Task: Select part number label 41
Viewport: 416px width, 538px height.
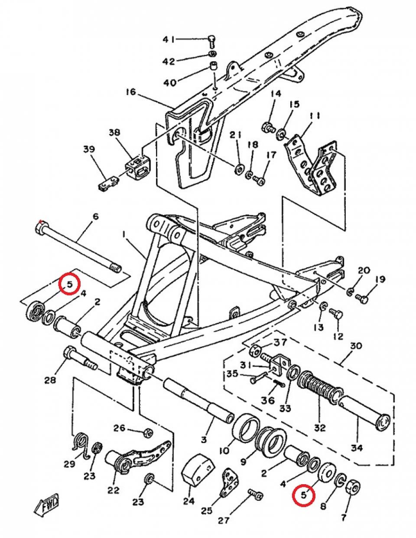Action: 169,39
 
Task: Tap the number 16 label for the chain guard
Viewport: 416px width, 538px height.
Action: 131,92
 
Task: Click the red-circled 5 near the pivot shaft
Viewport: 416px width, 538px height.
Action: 70,284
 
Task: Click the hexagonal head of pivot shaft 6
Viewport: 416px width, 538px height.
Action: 40,226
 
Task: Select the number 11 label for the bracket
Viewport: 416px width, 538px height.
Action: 315,116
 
